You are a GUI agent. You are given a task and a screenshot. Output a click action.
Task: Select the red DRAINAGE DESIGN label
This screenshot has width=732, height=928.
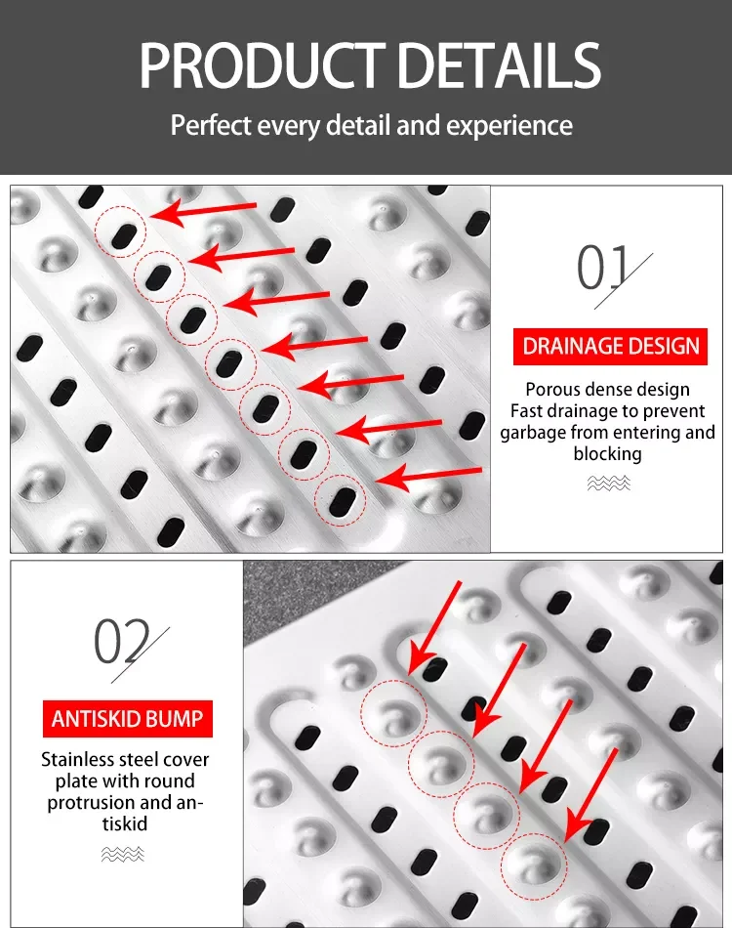pyautogui.click(x=611, y=346)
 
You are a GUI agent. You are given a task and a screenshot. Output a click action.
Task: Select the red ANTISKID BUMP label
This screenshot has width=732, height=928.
pyautogui.click(x=128, y=720)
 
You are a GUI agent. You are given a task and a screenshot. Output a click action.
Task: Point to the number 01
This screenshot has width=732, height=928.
pyautogui.click(x=605, y=269)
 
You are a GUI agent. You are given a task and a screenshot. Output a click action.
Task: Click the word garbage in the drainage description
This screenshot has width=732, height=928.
pyautogui.click(x=540, y=433)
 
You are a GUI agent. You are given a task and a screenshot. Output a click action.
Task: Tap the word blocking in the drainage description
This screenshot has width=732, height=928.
pyautogui.click(x=607, y=454)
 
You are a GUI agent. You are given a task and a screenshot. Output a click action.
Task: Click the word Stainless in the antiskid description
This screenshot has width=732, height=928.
pyautogui.click(x=76, y=760)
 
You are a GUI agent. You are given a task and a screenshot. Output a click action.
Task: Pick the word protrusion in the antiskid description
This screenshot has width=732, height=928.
pyautogui.click(x=89, y=803)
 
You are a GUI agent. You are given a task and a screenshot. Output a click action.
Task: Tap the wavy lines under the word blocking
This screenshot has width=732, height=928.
pyautogui.click(x=608, y=483)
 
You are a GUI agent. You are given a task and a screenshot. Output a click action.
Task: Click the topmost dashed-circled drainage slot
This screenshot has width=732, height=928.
pyautogui.click(x=122, y=233)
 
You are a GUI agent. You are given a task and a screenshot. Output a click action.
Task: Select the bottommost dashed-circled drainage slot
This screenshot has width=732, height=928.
pyautogui.click(x=341, y=500)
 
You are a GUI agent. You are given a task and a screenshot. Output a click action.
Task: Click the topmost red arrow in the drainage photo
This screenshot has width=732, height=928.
pyautogui.click(x=205, y=210)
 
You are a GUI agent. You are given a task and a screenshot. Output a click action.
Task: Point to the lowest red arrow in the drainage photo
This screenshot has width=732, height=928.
pyautogui.click(x=429, y=477)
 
